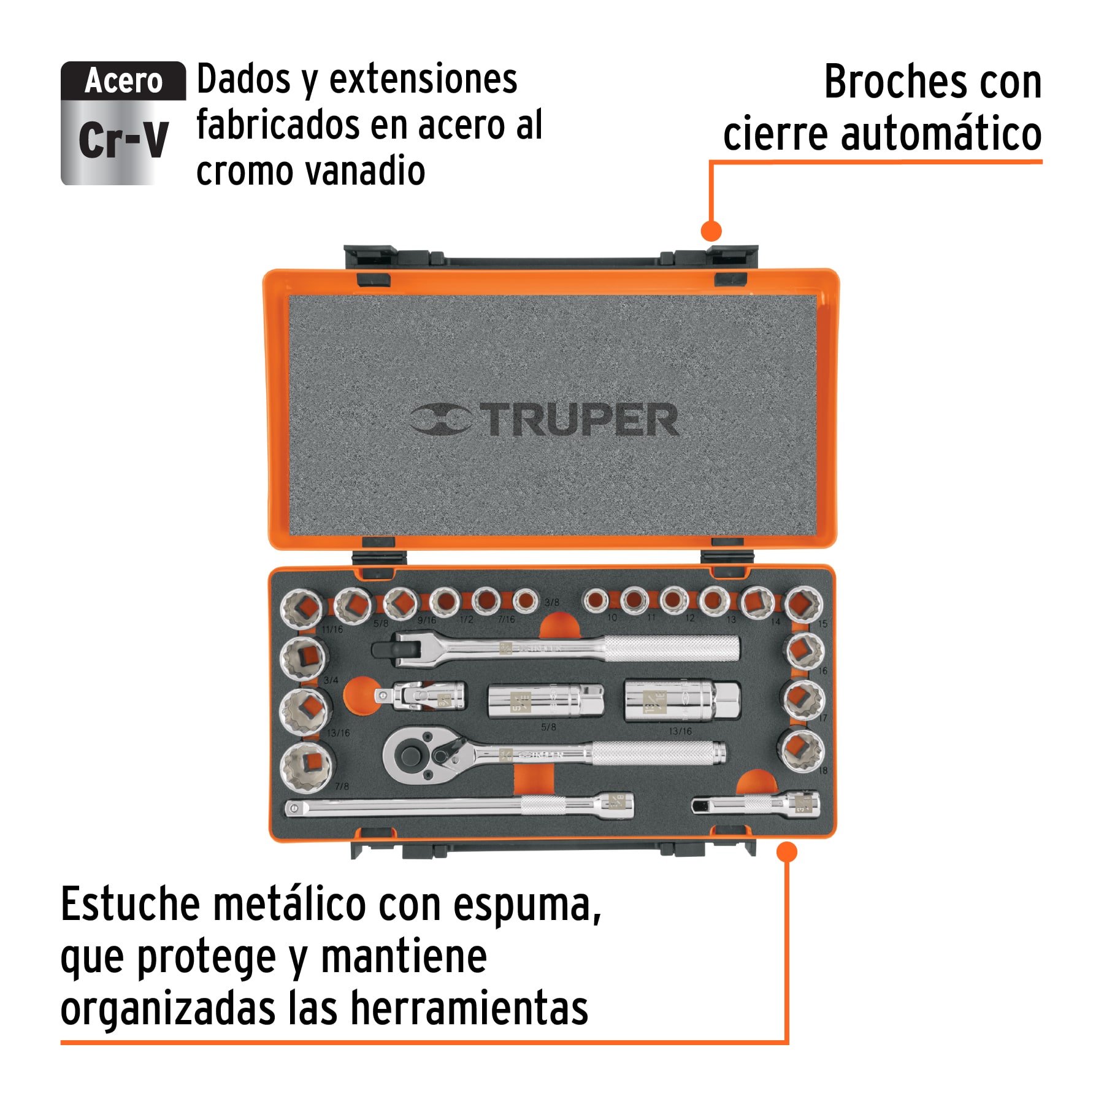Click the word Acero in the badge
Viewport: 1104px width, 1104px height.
[x=123, y=81]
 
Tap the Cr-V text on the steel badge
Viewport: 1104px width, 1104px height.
[x=123, y=140]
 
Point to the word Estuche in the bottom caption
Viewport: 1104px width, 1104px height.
[x=130, y=905]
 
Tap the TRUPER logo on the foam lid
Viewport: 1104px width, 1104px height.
[x=543, y=420]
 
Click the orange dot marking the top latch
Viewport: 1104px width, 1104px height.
[x=711, y=231]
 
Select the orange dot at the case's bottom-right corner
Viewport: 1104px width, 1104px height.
[x=786, y=852]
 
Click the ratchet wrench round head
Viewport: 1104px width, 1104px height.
[x=407, y=755]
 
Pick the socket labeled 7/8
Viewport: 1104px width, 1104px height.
[x=305, y=766]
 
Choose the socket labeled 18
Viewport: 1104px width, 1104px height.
[x=802, y=749]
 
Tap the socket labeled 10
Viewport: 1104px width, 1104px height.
[x=595, y=600]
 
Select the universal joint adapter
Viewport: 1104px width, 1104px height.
[x=420, y=697]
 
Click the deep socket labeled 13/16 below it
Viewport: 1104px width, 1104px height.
[x=681, y=700]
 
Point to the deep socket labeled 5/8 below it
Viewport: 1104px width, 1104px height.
[x=545, y=700]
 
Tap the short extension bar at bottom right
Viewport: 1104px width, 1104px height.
[x=756, y=804]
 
